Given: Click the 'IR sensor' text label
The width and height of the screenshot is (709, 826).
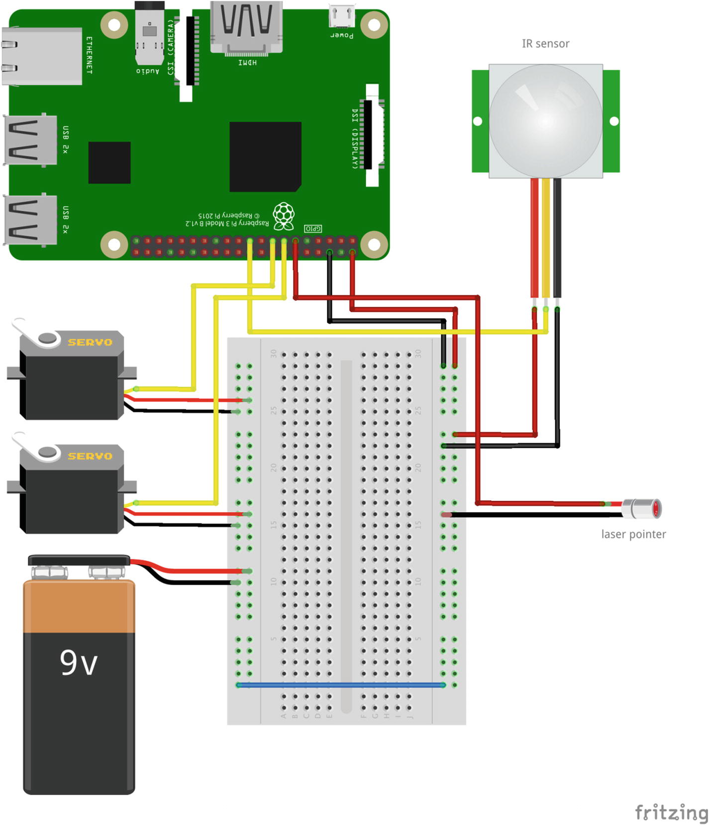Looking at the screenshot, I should [545, 44].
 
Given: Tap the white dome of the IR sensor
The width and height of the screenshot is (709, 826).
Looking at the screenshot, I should [545, 120].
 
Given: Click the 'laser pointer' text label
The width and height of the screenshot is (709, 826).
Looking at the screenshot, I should [633, 534].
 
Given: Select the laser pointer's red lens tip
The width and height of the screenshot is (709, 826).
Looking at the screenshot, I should [656, 508].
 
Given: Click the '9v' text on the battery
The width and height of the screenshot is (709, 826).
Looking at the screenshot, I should [79, 663].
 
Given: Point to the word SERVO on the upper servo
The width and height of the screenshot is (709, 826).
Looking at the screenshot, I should [90, 343].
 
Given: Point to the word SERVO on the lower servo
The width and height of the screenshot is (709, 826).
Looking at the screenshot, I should [90, 456].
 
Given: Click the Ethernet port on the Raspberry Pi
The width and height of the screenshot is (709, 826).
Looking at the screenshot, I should [42, 56].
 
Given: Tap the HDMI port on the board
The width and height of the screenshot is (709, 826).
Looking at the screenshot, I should [247, 27].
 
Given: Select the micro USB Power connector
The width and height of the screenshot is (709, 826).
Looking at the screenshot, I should [342, 16].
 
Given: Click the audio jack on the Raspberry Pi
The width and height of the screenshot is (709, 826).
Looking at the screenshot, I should [149, 35].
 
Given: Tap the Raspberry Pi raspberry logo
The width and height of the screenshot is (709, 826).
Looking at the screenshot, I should [284, 216].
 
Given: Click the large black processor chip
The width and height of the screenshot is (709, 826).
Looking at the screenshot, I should [265, 156].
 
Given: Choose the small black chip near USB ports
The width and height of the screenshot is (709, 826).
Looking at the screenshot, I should [109, 162].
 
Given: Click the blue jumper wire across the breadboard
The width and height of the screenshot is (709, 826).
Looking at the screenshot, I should [341, 685].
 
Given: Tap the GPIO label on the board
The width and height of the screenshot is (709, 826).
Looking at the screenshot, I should [313, 229].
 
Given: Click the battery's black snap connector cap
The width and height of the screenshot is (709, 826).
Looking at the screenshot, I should [79, 561].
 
